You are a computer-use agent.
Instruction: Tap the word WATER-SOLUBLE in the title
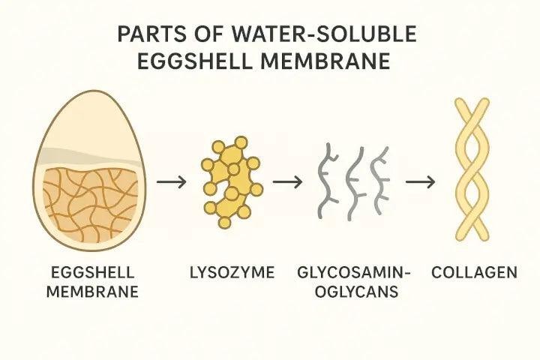point(324,34)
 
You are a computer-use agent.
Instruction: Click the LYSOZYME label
point(232,272)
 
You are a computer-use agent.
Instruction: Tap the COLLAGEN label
point(474,272)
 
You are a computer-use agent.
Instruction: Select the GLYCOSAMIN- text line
point(354,272)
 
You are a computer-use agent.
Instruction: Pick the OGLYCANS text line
point(356,292)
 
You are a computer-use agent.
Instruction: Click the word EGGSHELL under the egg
point(92,272)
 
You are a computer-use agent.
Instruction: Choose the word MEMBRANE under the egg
point(92,292)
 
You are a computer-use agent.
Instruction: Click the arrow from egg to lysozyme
point(172,181)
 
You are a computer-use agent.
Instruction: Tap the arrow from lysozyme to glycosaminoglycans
point(287,181)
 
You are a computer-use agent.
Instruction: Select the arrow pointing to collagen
point(421,181)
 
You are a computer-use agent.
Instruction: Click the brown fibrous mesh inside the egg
point(90,205)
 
